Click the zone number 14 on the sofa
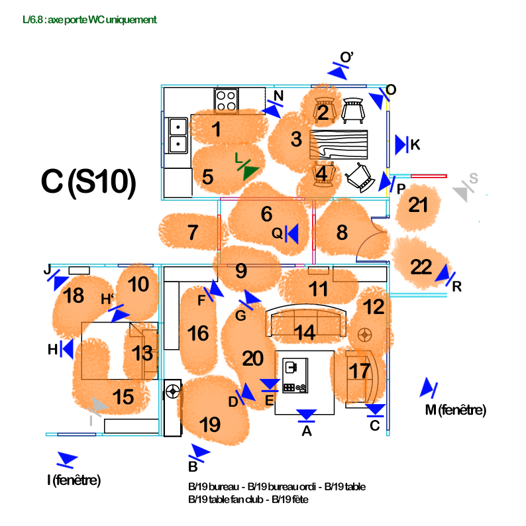pos(305,333)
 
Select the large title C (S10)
pos(89,183)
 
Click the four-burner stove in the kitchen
pos(226,100)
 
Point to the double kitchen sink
pos(178,134)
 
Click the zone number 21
pos(418,205)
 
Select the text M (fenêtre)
pos(455,411)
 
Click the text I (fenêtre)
pos(74,480)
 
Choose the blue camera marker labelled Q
pos(291,233)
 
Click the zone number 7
pos(193,233)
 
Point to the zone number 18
pos(74,295)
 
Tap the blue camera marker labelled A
pos(306,415)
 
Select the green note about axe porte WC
pos(89,20)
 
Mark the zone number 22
pos(421,268)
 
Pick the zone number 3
pos(296,140)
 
